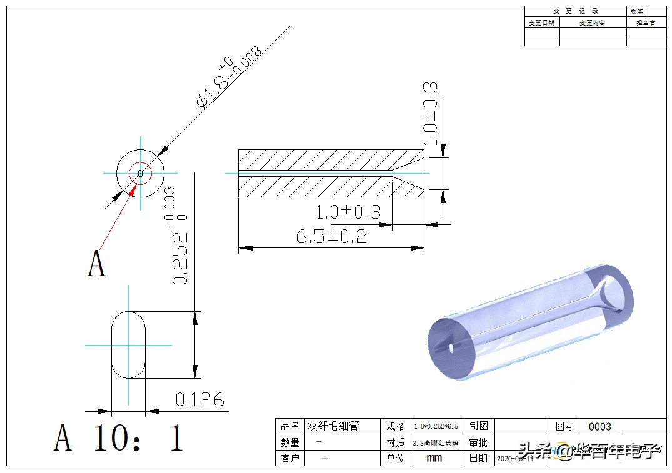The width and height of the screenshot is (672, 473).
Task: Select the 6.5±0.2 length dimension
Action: [x=331, y=236]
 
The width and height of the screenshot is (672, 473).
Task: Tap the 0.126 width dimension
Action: [x=199, y=400]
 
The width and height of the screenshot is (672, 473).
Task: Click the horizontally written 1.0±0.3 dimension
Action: [x=348, y=212]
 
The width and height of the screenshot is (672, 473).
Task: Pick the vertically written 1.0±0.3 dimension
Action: [x=430, y=113]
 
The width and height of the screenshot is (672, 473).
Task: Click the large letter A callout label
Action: [x=96, y=264]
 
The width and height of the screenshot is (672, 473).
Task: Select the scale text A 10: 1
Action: [x=119, y=437]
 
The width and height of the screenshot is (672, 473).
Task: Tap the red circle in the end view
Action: [x=140, y=173]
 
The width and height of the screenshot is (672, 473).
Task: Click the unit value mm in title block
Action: [x=433, y=458]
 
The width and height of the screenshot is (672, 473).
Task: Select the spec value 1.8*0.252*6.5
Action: [x=436, y=426]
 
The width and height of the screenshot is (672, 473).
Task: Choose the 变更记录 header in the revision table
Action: [x=575, y=11]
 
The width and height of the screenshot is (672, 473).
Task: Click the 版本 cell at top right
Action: [x=636, y=11]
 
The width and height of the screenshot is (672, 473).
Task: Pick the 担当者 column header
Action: [x=645, y=23]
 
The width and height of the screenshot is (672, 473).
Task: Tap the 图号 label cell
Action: [x=563, y=426]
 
